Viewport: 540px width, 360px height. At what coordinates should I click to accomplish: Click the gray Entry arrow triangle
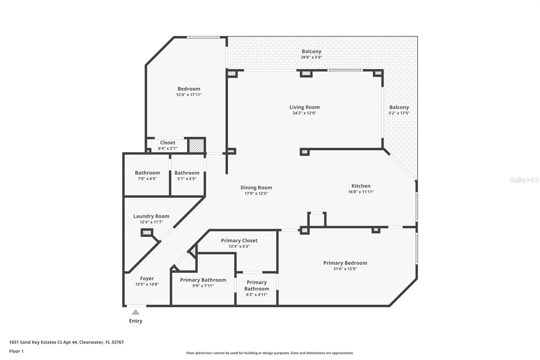pos(135,312)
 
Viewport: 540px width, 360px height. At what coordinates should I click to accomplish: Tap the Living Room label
pos(304,107)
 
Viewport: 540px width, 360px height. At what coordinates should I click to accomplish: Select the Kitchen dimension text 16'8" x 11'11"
pos(361,192)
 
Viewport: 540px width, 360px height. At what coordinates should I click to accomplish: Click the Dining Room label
pos(256,187)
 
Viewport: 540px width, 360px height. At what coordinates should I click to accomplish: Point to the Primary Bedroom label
pos(345,263)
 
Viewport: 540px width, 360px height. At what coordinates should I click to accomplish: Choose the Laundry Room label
pos(151,216)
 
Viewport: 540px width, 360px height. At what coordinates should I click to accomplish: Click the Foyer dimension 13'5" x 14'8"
pos(147,284)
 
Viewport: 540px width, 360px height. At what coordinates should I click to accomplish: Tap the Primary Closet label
pos(239,240)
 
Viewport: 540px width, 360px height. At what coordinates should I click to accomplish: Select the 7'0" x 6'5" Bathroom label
pos(147,173)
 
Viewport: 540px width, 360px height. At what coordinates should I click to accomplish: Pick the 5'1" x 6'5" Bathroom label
pos(187,173)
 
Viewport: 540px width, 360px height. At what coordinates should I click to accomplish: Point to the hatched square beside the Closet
pos(196,145)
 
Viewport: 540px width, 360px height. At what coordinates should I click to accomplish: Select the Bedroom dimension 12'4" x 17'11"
pos(189,95)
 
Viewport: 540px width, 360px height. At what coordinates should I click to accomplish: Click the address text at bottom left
pos(66,342)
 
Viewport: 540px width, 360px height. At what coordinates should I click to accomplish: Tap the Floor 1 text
pos(16,351)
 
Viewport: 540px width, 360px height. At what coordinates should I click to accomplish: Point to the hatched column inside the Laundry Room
pos(147,232)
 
